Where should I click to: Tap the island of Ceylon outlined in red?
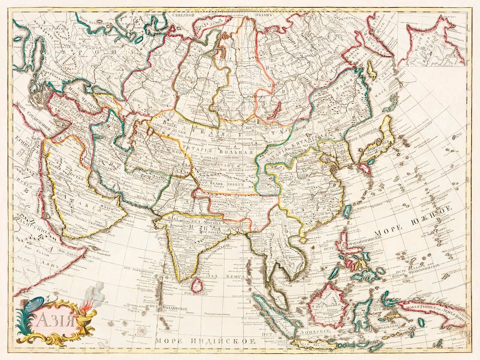197,286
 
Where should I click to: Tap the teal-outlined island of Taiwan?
347,211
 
